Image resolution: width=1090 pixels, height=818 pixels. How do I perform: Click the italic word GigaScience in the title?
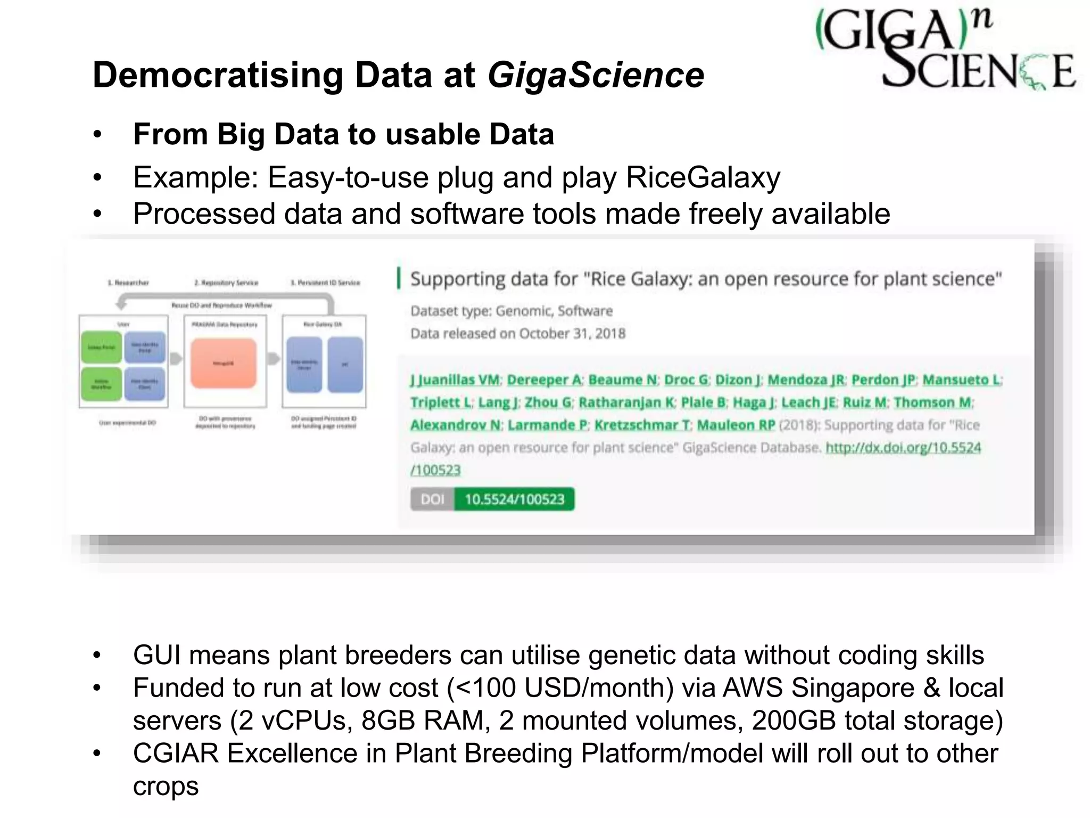pos(596,75)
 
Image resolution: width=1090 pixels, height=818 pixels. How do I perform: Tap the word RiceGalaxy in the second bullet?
pos(703,177)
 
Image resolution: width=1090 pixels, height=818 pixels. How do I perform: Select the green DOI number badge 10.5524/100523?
pos(514,500)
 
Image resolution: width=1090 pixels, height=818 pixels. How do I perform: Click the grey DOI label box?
pos(432,500)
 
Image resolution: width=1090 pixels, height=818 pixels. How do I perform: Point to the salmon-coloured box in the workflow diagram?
pos(223,363)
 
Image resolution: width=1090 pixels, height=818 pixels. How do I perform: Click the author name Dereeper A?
pos(544,380)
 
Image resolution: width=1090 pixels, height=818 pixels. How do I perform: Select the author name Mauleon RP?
pos(736,426)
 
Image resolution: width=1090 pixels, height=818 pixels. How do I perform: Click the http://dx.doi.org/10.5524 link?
pos(903,448)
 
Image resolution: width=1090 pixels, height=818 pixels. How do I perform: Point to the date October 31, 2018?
pos(572,334)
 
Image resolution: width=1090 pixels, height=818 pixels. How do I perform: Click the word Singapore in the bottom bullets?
pos(852,688)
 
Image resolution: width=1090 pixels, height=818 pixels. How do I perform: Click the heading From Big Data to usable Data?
pos(343,134)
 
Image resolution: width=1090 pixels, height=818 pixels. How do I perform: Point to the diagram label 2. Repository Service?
pos(226,283)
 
